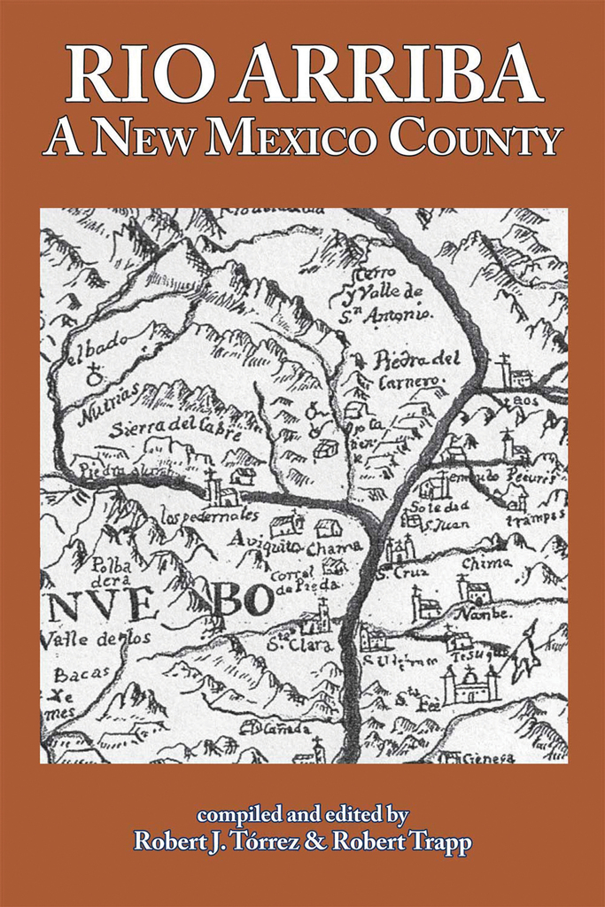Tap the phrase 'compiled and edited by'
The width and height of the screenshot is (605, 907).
pos(302,813)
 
